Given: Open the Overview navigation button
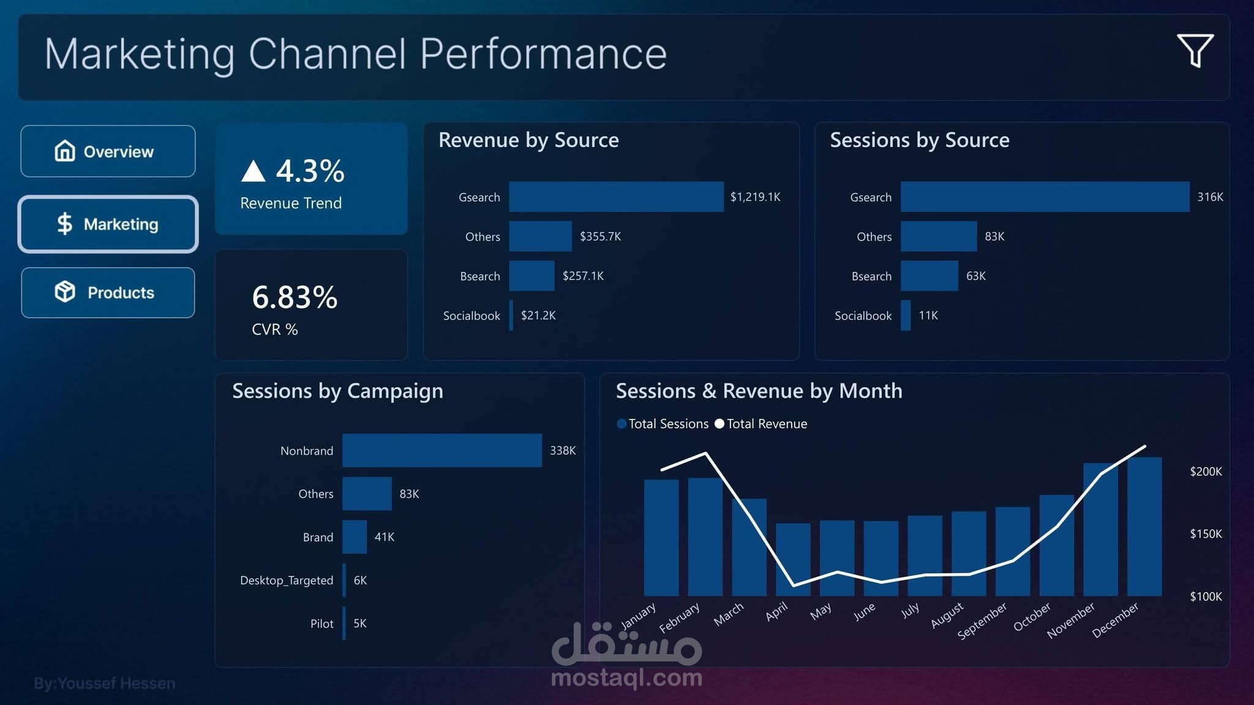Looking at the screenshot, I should pyautogui.click(x=108, y=151).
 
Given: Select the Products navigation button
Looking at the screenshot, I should pyautogui.click(x=108, y=293).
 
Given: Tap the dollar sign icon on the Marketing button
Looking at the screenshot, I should pyautogui.click(x=64, y=224).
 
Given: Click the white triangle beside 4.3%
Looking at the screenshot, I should pyautogui.click(x=253, y=172).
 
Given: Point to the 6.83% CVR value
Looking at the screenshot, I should pyautogui.click(x=295, y=298).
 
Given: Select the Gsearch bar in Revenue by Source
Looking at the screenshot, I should pyautogui.click(x=616, y=197).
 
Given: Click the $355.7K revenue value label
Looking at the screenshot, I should pyautogui.click(x=600, y=236).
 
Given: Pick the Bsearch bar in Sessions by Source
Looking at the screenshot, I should pyautogui.click(x=929, y=276).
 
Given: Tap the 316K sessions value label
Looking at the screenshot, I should pyautogui.click(x=1210, y=197).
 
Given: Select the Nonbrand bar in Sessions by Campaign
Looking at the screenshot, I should pyautogui.click(x=441, y=450).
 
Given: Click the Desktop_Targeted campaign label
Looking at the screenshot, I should pyautogui.click(x=287, y=580).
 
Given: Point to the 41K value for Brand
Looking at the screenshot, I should pyautogui.click(x=385, y=537).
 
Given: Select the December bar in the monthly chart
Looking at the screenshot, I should pyautogui.click(x=1144, y=527).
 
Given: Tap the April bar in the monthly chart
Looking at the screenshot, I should pyautogui.click(x=793, y=559).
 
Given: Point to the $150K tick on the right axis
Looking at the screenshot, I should pyautogui.click(x=1205, y=534).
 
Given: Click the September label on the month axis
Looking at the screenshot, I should pyautogui.click(x=983, y=620).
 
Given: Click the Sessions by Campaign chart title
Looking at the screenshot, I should pyautogui.click(x=337, y=391).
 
